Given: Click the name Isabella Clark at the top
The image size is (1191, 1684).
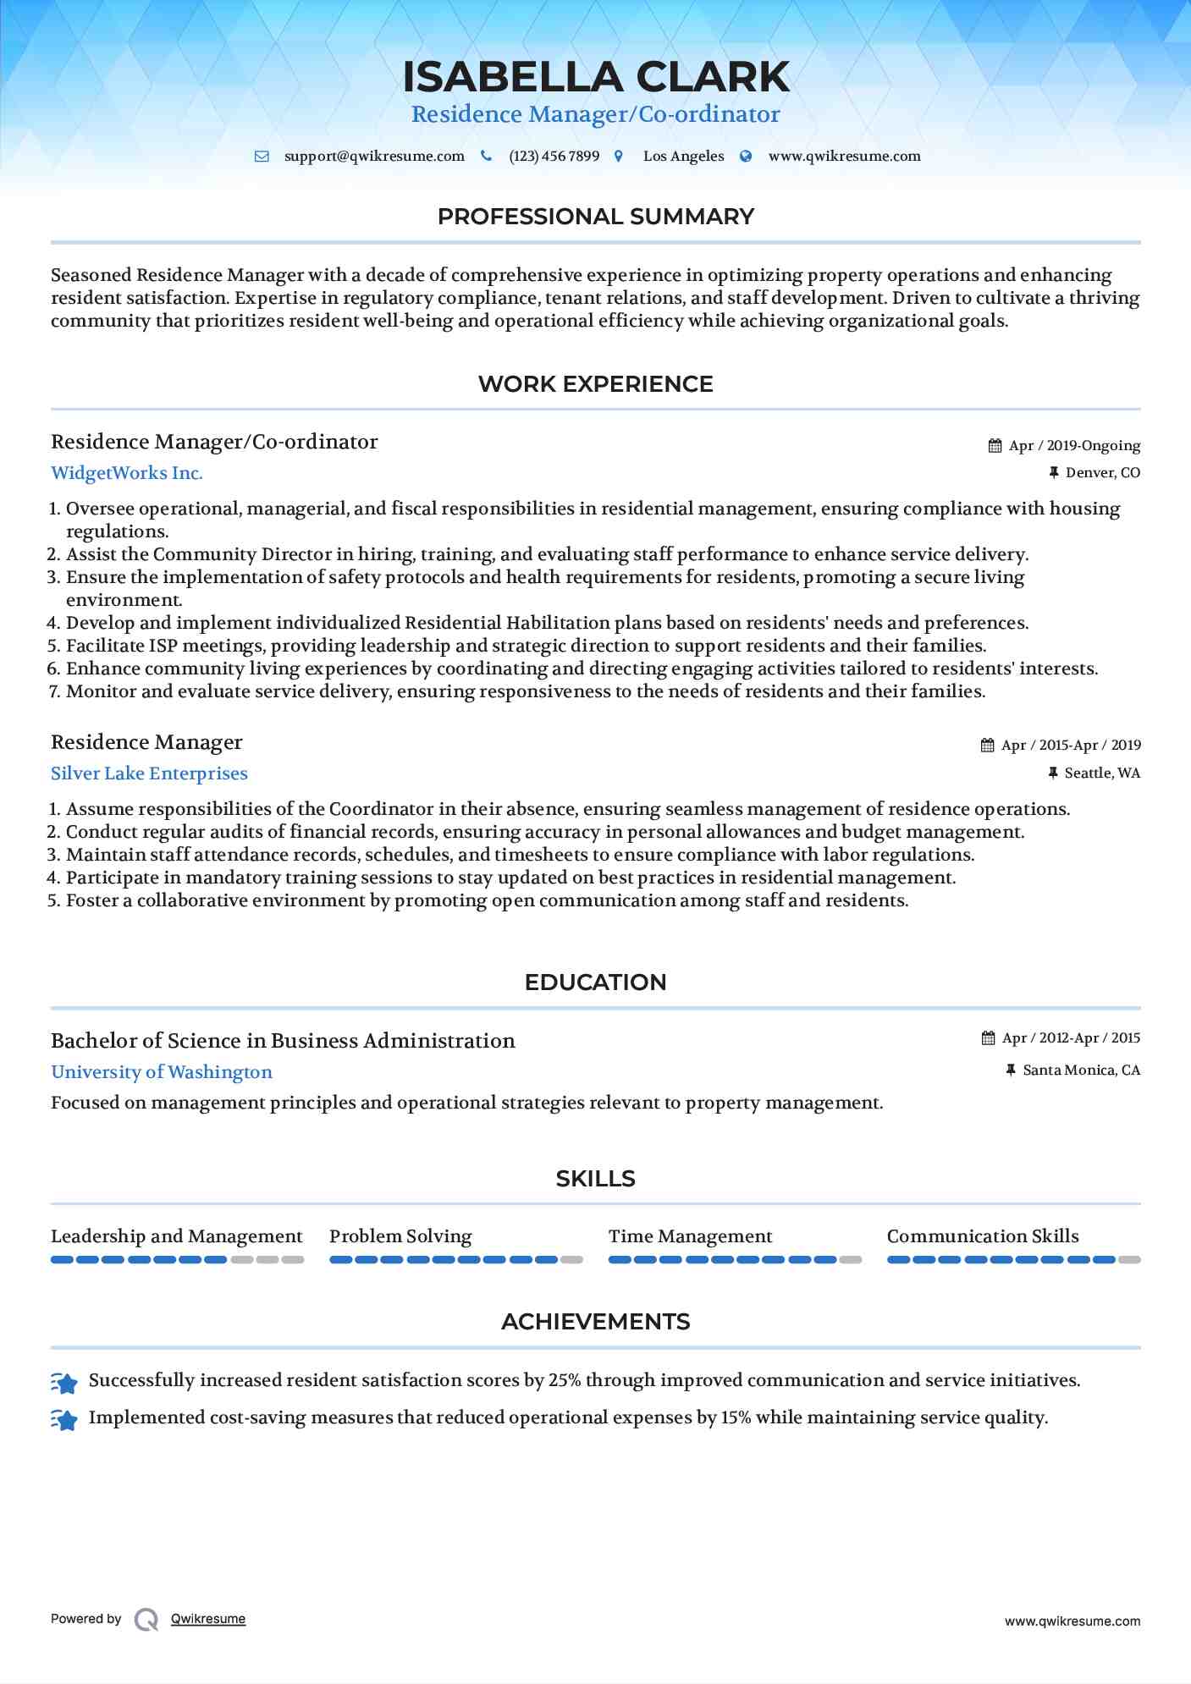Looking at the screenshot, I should coord(595,77).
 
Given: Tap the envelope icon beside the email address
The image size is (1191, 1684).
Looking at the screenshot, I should coord(262,157).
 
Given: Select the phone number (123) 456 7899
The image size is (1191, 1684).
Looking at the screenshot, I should coord(554,157).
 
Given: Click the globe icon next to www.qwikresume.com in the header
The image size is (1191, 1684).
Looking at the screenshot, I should coord(746,157).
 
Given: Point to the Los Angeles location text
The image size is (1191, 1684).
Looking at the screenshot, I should coord(683,157).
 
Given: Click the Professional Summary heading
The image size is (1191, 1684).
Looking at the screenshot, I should coord(595,217).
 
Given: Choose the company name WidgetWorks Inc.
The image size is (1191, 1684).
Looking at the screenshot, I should coord(127,473).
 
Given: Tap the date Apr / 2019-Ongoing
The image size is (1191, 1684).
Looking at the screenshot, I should coord(1074,446).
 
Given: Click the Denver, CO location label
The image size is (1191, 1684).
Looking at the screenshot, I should coord(1102,473).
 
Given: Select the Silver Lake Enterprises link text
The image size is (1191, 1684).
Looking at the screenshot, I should coord(149,773).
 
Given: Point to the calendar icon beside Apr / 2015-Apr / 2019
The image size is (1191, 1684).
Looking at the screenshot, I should coord(987,746).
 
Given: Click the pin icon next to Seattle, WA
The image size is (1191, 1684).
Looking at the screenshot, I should coord(1053,773).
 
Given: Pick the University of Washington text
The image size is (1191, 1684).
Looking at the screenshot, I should coord(162,1072).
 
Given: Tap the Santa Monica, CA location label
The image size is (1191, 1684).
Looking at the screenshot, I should coord(1081,1070).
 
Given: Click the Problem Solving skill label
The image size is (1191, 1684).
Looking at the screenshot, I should coord(400,1236).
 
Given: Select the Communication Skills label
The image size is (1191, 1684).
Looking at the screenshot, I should coord(983,1236).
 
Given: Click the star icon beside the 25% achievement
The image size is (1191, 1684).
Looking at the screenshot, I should coord(64,1383).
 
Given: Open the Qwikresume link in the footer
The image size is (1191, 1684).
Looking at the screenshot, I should coord(208,1619).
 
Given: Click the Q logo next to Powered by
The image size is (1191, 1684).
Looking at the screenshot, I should coord(146,1619).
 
